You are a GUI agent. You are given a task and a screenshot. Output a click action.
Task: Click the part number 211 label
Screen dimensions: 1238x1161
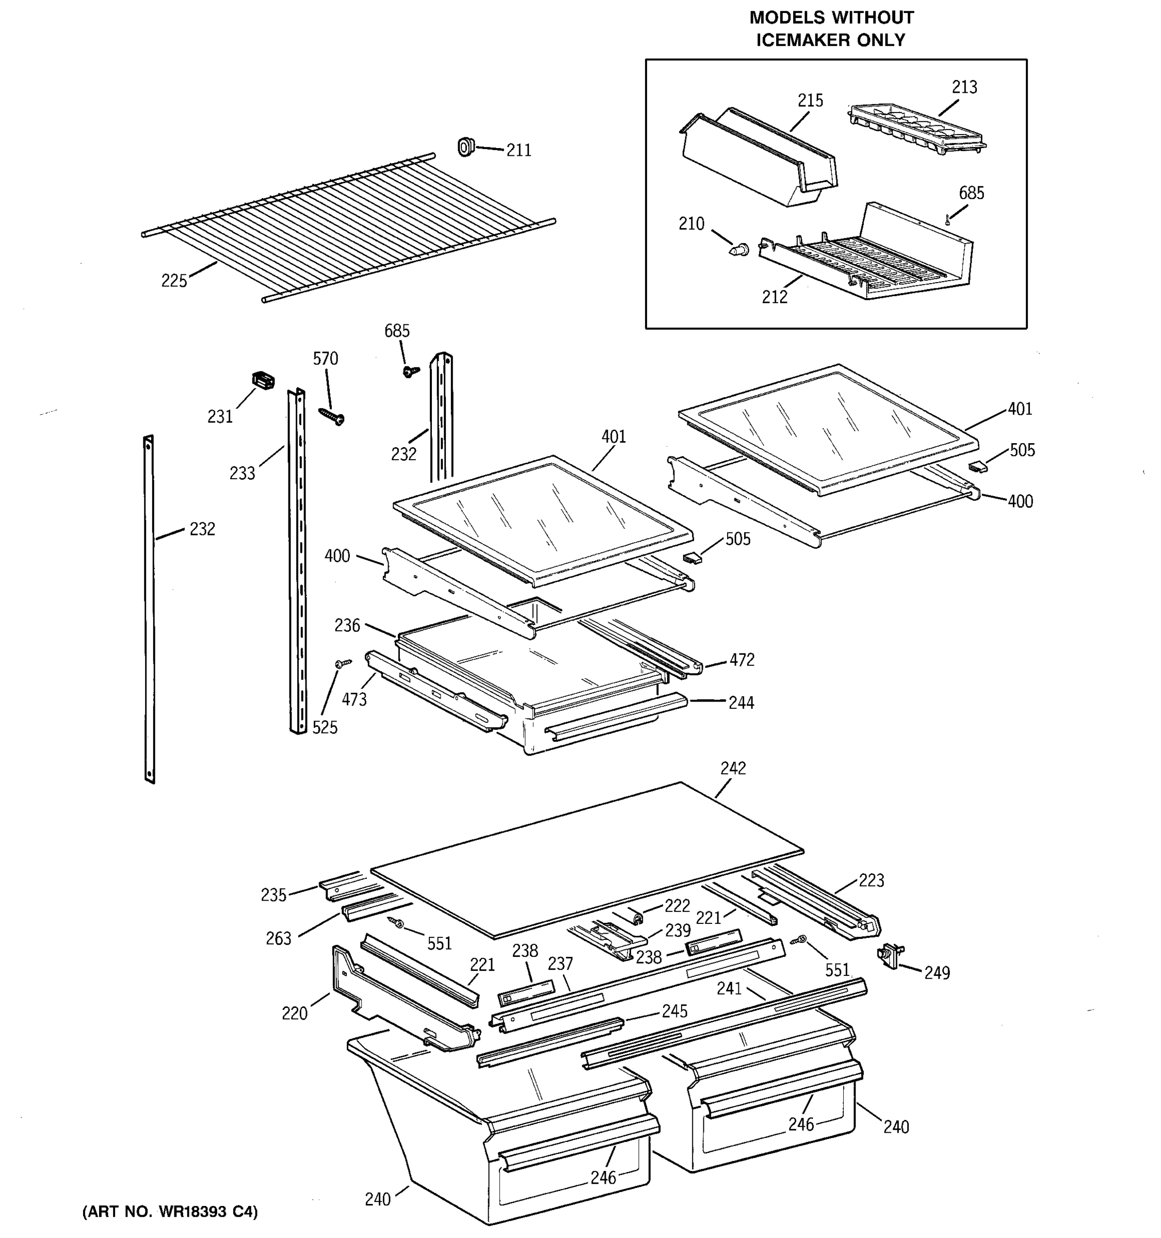(x=518, y=150)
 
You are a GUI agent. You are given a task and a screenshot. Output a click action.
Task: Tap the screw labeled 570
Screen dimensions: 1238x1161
(x=332, y=417)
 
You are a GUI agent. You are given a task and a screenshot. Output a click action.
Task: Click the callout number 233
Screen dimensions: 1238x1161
(x=243, y=474)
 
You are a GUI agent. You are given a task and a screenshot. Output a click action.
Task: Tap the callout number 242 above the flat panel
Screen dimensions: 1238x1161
(x=733, y=768)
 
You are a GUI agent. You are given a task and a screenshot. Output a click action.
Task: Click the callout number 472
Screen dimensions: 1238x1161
(x=742, y=659)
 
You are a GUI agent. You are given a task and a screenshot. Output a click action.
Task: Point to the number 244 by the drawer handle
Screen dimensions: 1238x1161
(x=741, y=703)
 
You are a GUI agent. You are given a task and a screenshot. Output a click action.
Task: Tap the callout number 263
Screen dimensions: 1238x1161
(x=279, y=938)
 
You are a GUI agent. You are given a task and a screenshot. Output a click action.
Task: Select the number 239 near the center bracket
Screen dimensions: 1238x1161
(x=678, y=931)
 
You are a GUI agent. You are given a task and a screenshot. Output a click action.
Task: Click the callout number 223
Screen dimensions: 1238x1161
(x=871, y=880)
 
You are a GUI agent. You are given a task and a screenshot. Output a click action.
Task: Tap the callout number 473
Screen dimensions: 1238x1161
(x=354, y=699)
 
